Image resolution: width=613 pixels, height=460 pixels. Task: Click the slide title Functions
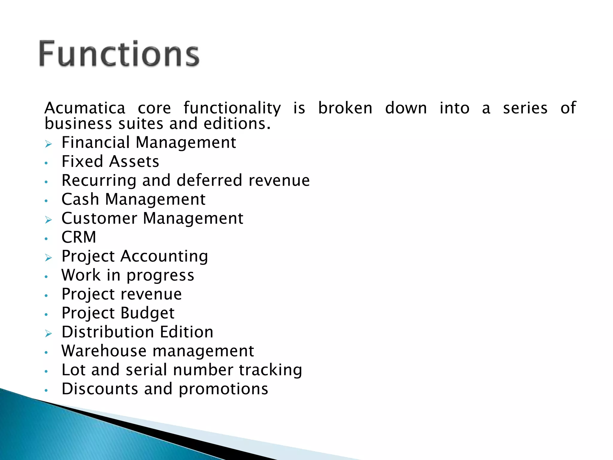(119, 54)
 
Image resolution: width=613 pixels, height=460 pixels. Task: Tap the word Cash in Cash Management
(80, 199)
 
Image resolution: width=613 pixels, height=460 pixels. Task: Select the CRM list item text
(79, 237)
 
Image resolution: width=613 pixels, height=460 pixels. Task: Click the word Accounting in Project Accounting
(164, 256)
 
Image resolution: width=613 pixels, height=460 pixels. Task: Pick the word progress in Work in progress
(160, 276)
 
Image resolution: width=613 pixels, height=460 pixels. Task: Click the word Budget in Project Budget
(148, 313)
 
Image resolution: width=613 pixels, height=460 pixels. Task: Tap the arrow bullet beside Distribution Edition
(48, 334)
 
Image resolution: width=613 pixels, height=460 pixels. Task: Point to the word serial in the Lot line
(146, 370)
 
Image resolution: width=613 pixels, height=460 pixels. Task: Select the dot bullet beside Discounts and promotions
(46, 391)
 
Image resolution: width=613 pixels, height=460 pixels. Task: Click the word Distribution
(108, 332)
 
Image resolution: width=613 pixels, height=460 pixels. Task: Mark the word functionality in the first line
(232, 108)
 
